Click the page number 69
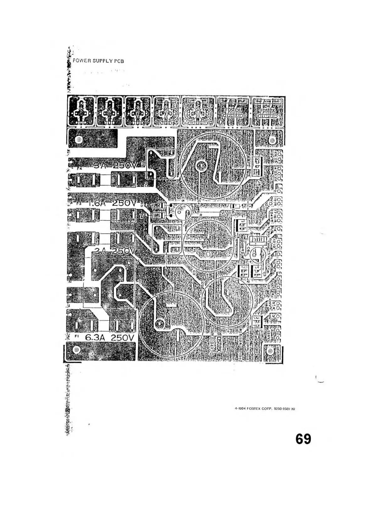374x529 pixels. click(x=303, y=439)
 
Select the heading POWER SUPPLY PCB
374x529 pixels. click(x=98, y=61)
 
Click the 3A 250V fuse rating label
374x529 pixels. click(x=116, y=166)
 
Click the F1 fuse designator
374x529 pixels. click(x=76, y=336)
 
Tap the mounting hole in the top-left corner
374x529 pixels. click(x=79, y=139)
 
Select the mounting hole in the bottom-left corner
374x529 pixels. click(x=76, y=350)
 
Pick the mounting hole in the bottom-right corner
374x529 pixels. click(x=270, y=351)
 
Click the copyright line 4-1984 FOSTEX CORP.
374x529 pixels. click(x=265, y=409)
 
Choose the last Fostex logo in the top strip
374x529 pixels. click(x=268, y=111)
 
